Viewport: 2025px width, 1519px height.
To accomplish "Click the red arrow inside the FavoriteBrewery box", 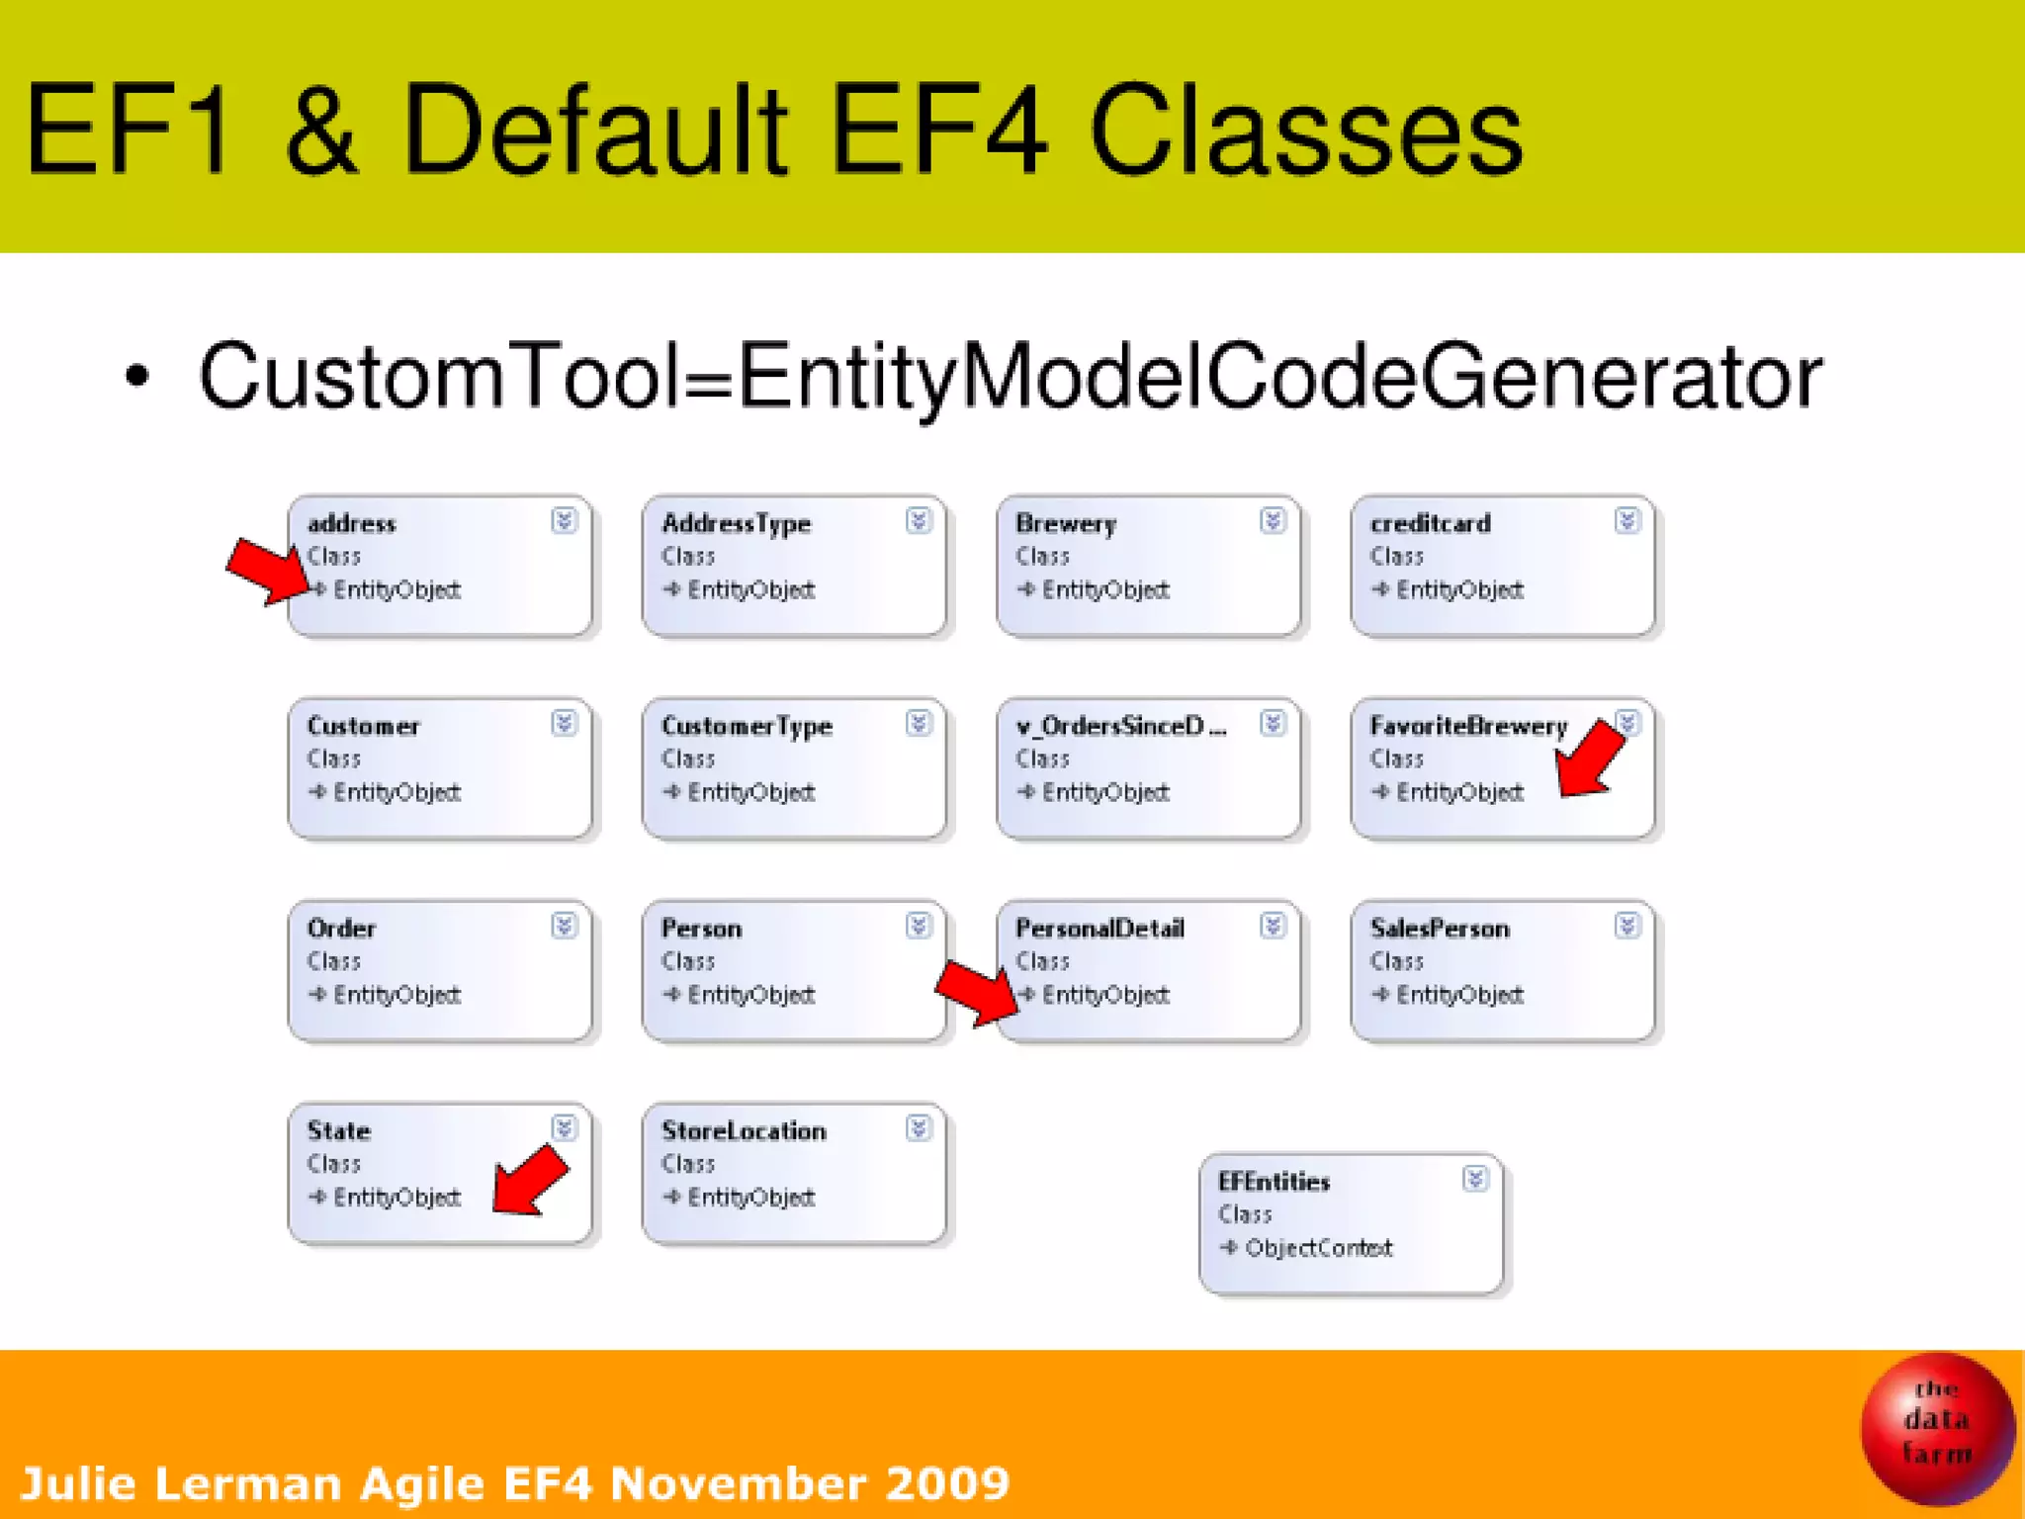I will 1590,759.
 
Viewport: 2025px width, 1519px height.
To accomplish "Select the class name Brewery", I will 1066,523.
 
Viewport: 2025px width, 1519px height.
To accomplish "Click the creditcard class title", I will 1430,523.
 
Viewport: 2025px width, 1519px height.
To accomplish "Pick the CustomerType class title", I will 747,726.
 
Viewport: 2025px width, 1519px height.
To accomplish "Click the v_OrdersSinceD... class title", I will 1120,726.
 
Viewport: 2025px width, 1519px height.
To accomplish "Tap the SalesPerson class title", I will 1440,929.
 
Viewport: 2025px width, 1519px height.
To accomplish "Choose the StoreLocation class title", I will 744,1130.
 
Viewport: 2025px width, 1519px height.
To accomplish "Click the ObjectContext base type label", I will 1318,1248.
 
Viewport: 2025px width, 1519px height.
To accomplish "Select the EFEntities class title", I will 1274,1182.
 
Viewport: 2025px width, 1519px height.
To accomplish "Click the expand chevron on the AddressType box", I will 919,521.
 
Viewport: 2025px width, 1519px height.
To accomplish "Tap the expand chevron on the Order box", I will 564,926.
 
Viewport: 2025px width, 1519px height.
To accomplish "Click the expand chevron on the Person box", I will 919,926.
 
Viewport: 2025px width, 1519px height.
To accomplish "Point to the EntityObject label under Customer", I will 396,792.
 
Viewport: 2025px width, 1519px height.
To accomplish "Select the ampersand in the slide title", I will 321,132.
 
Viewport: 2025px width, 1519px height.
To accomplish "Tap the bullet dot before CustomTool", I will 137,377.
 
